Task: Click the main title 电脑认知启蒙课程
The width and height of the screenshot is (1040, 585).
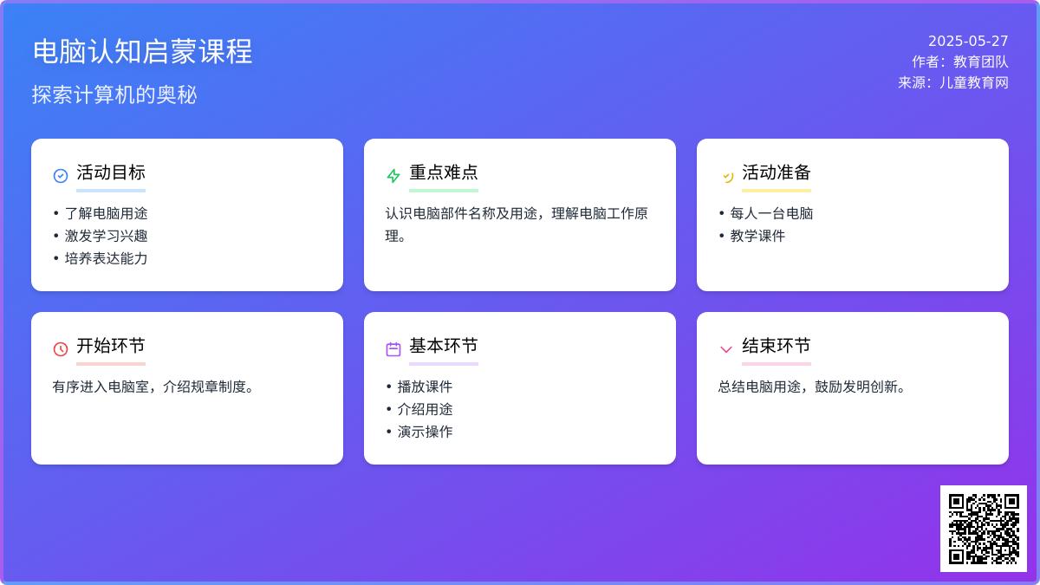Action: pos(142,51)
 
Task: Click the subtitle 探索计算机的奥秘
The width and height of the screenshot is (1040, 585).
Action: pos(114,94)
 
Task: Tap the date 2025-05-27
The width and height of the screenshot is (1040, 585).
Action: pos(968,41)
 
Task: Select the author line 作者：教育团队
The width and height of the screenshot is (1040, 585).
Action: pos(959,62)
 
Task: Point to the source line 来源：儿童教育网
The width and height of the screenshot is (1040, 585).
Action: pos(952,82)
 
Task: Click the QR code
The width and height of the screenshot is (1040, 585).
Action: pos(984,529)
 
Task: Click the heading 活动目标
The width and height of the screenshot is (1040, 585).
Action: pos(111,172)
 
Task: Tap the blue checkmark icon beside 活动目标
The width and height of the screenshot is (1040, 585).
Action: pos(61,175)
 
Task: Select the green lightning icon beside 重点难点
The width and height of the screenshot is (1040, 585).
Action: pos(393,175)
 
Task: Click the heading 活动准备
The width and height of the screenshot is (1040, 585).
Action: pos(777,172)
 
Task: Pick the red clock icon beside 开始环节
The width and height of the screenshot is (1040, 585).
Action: pos(61,348)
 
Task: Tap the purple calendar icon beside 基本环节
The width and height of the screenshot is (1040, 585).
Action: pos(393,348)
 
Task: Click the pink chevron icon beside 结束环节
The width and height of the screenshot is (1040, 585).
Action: pos(725,349)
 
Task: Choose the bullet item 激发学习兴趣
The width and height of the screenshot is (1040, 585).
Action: pos(106,236)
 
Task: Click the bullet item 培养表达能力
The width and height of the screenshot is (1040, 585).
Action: pos(106,258)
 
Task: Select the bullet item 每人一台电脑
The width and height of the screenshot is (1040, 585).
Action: pos(771,213)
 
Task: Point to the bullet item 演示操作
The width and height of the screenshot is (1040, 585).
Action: pos(425,432)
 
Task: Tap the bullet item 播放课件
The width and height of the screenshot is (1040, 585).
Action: pos(425,387)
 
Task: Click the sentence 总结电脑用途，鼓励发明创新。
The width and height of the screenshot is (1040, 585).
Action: pos(811,387)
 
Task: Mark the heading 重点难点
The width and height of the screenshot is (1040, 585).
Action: pos(444,172)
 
